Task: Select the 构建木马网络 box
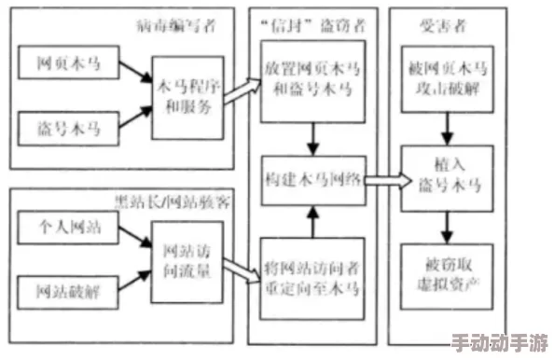pyautogui.click(x=311, y=181)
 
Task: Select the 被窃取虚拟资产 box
pyautogui.click(x=447, y=271)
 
